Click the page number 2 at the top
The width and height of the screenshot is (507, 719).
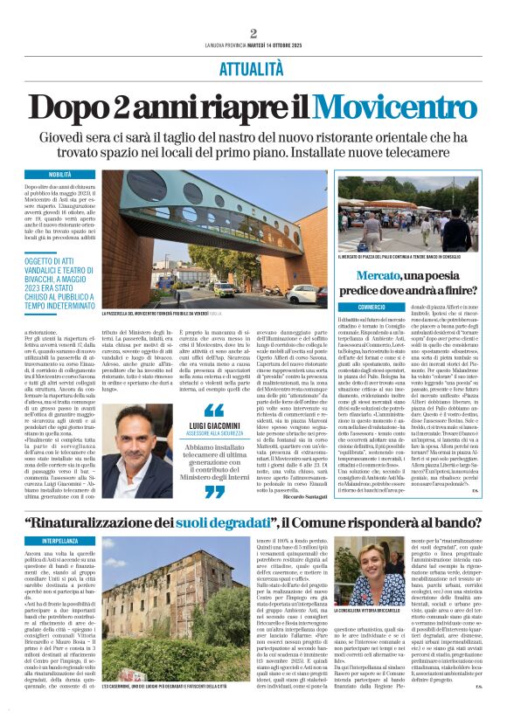pos(253,34)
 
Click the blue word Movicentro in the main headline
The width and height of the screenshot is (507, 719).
pos(389,107)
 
